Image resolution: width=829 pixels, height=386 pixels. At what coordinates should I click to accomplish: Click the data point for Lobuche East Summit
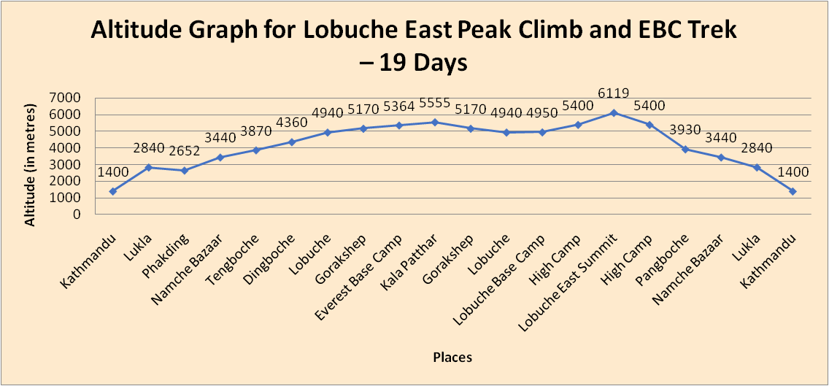click(x=614, y=112)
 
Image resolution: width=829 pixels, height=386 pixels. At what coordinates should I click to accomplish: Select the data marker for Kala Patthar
click(x=435, y=122)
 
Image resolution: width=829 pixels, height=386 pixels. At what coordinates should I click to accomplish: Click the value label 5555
click(x=434, y=103)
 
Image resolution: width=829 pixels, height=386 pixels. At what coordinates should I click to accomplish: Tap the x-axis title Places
click(x=452, y=357)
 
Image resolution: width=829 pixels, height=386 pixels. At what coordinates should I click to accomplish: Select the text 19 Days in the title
click(x=423, y=63)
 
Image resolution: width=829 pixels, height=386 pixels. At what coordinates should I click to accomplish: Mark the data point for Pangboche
click(x=685, y=149)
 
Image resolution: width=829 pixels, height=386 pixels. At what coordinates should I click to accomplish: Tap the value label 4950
click(x=542, y=113)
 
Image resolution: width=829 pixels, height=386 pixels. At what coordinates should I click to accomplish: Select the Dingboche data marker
click(x=292, y=142)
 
